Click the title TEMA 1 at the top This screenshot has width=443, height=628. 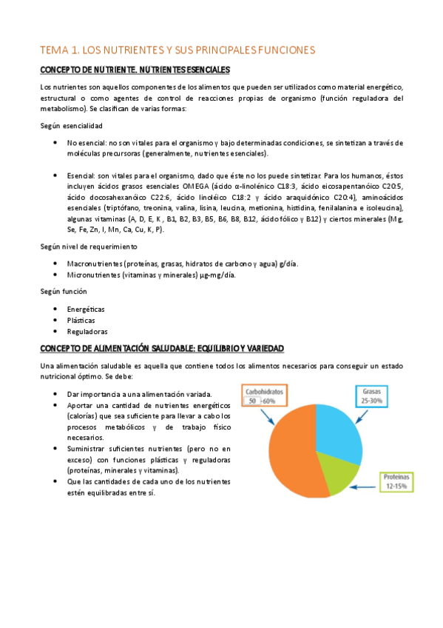[177, 50]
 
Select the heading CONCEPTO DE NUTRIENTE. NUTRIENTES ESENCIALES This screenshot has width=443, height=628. [135, 70]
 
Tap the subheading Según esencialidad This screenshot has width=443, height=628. [72, 126]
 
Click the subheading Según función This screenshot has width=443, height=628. [64, 291]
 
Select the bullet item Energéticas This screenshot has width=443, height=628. [86, 308]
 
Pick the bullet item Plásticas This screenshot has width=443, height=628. [81, 320]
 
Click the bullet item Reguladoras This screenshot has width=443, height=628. [87, 332]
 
